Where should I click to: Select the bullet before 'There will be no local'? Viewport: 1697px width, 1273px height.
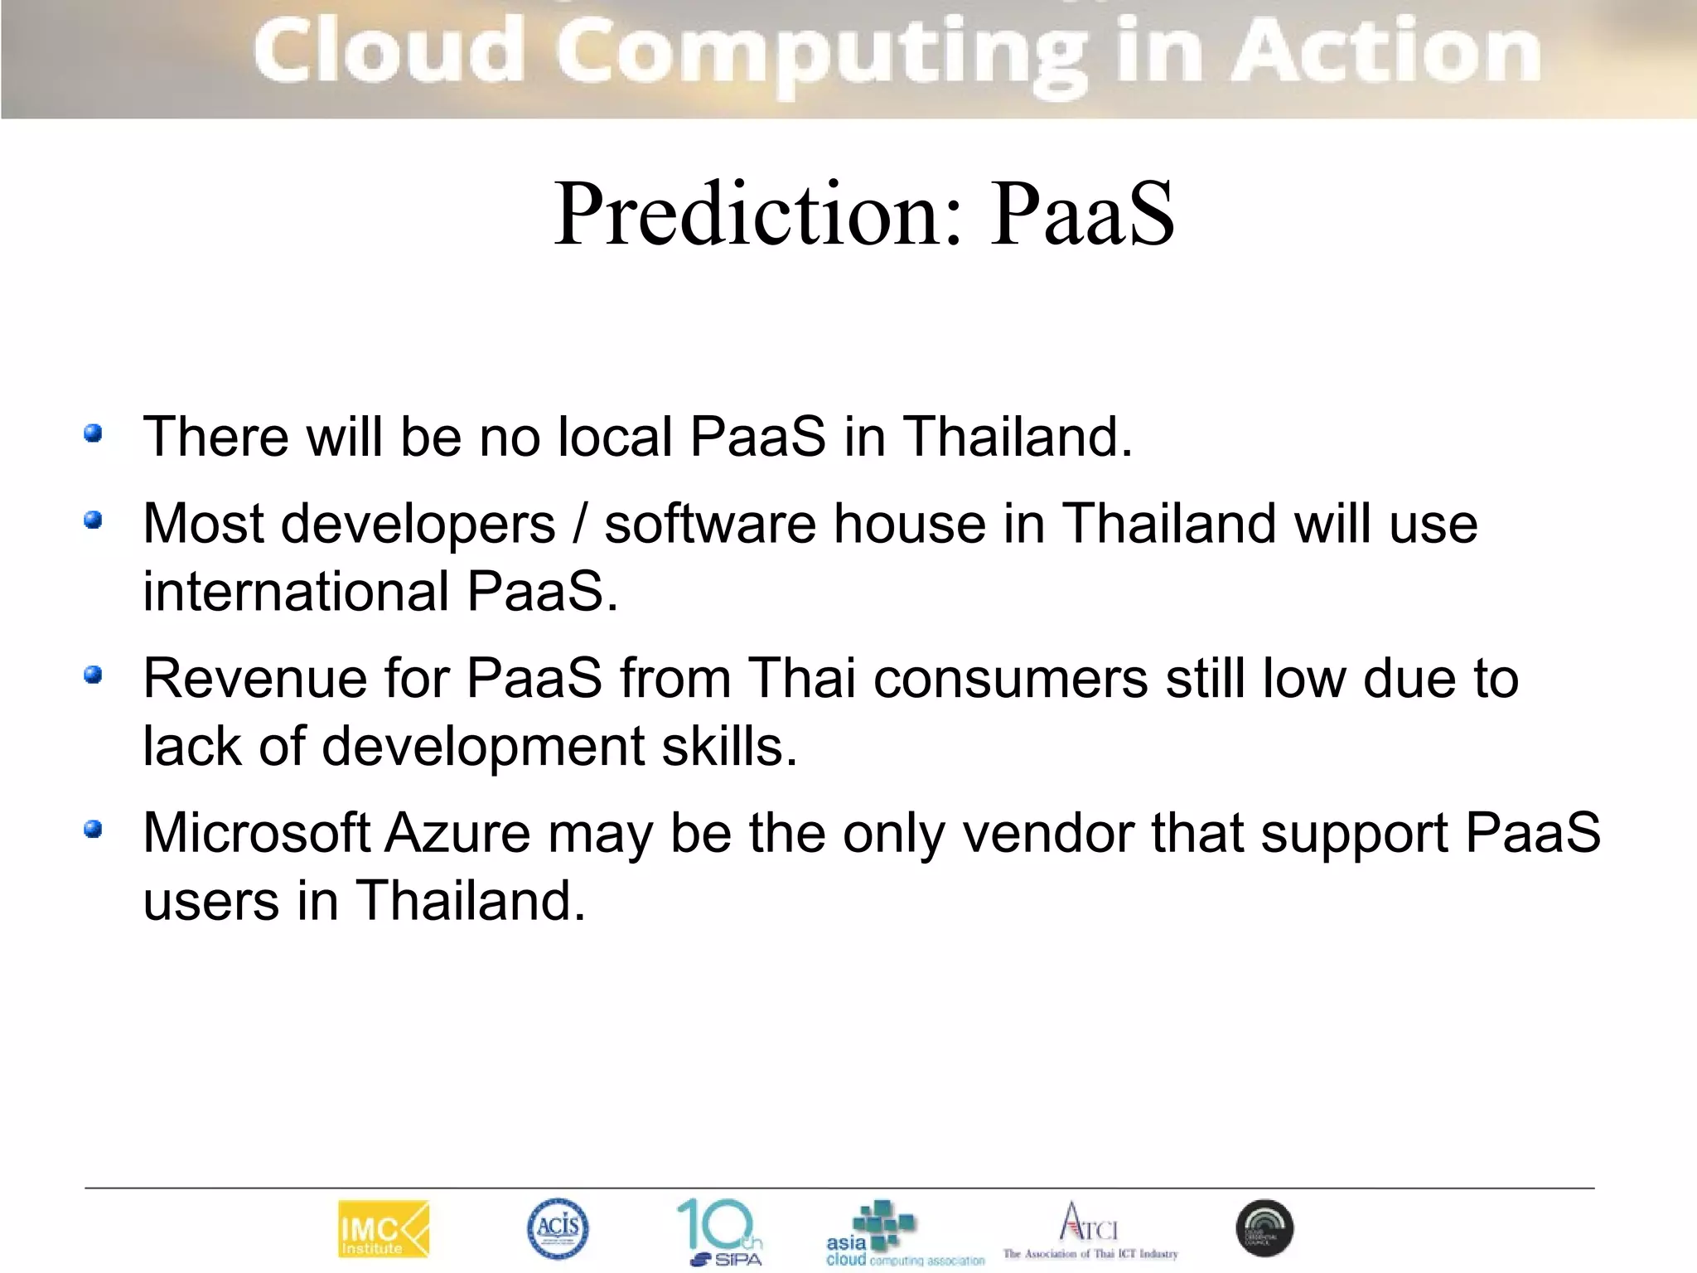pyautogui.click(x=94, y=433)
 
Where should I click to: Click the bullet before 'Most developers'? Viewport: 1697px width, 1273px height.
pyautogui.click(x=94, y=520)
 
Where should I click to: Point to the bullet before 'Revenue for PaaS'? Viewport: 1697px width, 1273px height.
pyautogui.click(x=94, y=675)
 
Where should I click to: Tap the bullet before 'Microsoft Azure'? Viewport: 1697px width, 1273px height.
pyautogui.click(x=94, y=830)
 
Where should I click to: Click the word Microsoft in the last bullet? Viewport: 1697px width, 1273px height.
pyautogui.click(x=257, y=833)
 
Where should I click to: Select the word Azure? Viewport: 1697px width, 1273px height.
pyautogui.click(x=457, y=833)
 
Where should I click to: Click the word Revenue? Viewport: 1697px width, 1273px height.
pyautogui.click(x=255, y=679)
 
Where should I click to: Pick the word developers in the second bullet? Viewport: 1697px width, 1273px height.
pyautogui.click(x=418, y=525)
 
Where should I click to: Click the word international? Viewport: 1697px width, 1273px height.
pyautogui.click(x=296, y=592)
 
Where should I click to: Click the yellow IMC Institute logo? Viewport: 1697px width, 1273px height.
pyautogui.click(x=384, y=1230)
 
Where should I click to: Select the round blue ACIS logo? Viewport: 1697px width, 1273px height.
pyautogui.click(x=558, y=1228)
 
